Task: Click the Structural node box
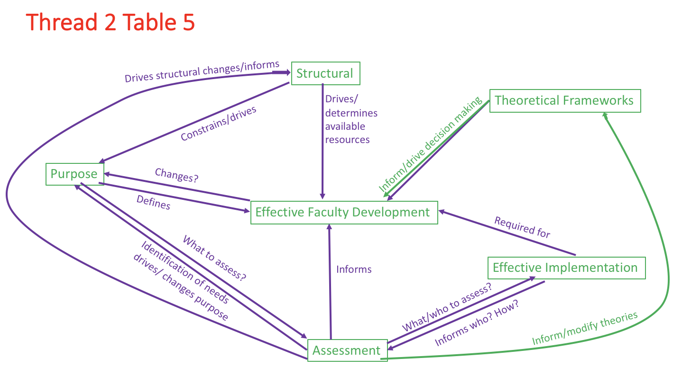[325, 73]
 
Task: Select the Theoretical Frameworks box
[564, 100]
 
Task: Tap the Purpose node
[74, 174]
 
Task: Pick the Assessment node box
[347, 350]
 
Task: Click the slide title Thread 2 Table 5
[111, 23]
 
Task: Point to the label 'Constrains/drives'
[219, 124]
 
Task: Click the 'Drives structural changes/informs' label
[202, 72]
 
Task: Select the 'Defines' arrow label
[153, 203]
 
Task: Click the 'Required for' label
[522, 227]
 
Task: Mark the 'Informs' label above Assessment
[354, 269]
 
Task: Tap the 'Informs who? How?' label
[477, 323]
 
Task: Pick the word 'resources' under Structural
[347, 140]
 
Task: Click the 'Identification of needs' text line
[185, 272]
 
